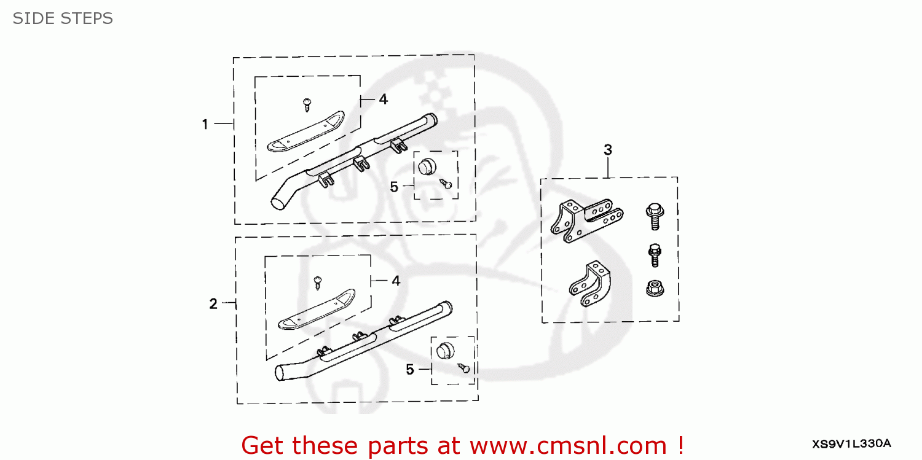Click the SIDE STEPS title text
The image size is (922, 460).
(x=63, y=19)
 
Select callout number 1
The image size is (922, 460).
(x=205, y=125)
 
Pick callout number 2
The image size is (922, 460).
(x=213, y=303)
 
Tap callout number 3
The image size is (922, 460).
(x=607, y=149)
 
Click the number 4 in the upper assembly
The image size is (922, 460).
(x=383, y=99)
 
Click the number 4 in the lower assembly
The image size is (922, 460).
(x=396, y=281)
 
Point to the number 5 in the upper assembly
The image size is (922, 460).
(x=395, y=187)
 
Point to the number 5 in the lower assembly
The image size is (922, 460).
(x=409, y=370)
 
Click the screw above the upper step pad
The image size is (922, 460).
(x=307, y=104)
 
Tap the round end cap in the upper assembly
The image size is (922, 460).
(x=427, y=166)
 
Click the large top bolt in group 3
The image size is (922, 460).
(x=654, y=216)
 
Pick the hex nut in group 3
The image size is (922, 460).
(x=655, y=287)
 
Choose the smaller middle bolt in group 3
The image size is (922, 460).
(x=655, y=254)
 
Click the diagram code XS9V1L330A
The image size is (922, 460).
(x=851, y=443)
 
